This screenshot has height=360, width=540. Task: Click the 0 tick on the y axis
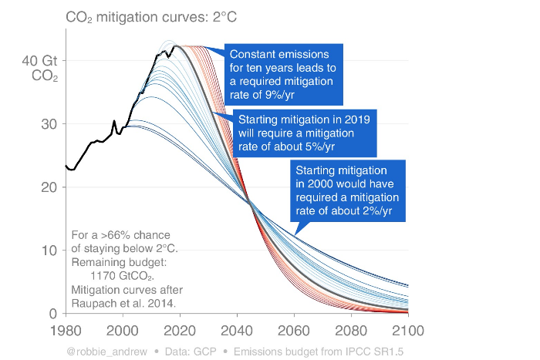(x=52, y=314)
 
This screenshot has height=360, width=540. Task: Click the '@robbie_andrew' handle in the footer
(x=101, y=352)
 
